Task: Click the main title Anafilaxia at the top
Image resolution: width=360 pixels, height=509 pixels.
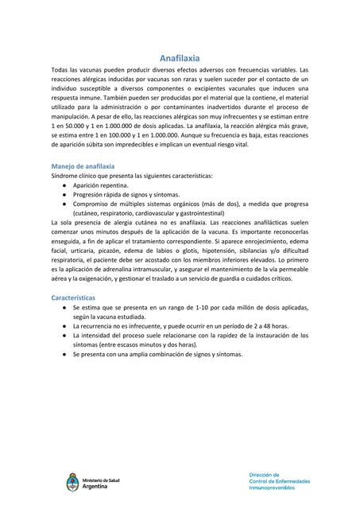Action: (x=180, y=59)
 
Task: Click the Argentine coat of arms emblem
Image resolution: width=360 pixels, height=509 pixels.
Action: (x=74, y=483)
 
